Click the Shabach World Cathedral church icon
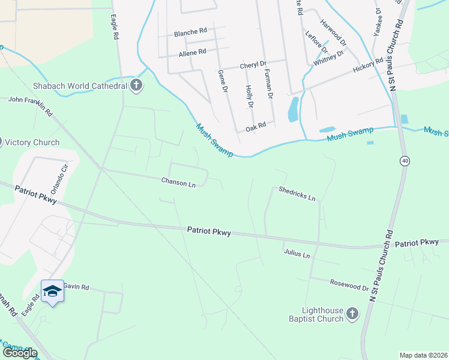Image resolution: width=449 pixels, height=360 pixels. point(136,86)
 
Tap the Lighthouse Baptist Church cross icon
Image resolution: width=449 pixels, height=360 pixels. point(352,313)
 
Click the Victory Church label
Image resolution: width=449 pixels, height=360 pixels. point(32,142)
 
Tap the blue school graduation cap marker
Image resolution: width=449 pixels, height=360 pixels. point(52,291)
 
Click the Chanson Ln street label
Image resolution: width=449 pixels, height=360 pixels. point(178,182)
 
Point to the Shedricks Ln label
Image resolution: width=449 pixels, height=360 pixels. point(297,193)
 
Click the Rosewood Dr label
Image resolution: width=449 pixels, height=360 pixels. point(349,284)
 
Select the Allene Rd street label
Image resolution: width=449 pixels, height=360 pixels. point(193,53)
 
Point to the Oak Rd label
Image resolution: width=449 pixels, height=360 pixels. point(256,128)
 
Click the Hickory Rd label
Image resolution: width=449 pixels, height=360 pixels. point(368,65)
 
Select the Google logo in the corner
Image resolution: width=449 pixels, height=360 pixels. point(19,353)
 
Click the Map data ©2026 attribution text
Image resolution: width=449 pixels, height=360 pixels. point(423,355)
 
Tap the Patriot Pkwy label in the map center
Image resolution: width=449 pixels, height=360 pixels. point(208,230)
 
